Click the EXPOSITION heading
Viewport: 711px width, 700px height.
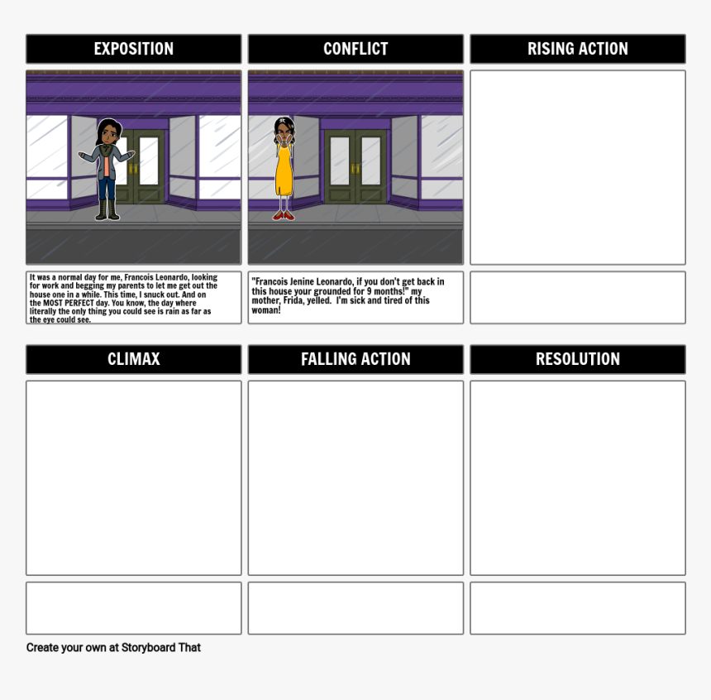(x=133, y=49)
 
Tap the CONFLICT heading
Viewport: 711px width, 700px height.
(x=355, y=49)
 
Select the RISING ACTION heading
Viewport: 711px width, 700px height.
(x=577, y=49)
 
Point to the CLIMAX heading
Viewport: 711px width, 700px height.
(x=133, y=359)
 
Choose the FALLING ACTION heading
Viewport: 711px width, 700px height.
(x=355, y=359)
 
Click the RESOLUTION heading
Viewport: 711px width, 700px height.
(x=577, y=359)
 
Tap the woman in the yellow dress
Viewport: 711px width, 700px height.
(x=284, y=170)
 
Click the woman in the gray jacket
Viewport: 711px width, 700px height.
(x=107, y=170)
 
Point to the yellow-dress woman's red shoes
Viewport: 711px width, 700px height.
(x=284, y=215)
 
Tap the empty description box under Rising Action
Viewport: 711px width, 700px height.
(x=577, y=297)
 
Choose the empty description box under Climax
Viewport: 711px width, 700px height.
(x=133, y=608)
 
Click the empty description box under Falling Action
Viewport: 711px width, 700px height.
(x=355, y=608)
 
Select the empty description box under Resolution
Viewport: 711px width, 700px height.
(x=577, y=608)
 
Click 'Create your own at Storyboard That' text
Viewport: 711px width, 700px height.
(x=113, y=647)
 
